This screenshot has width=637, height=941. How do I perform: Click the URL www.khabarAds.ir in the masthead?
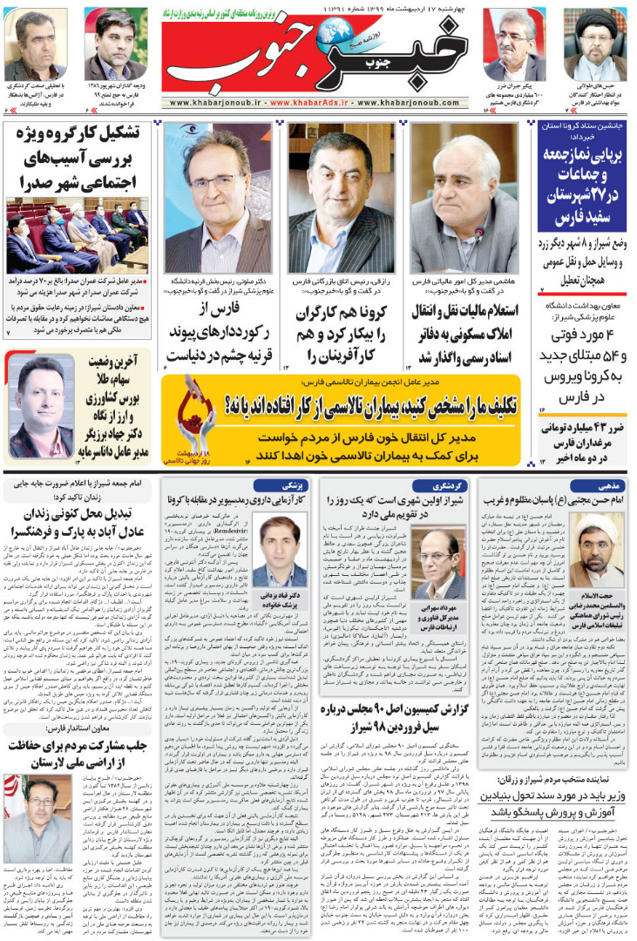coord(318,102)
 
